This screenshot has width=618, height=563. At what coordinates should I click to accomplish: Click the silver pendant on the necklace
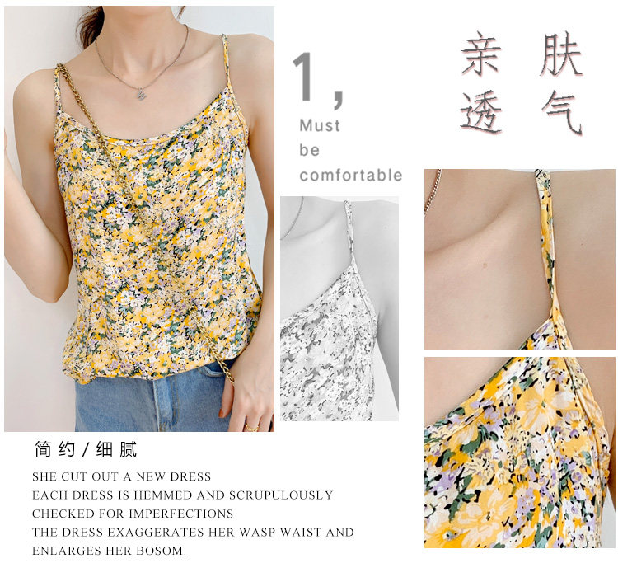pyautogui.click(x=141, y=94)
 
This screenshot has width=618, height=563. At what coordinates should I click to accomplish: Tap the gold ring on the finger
pyautogui.click(x=250, y=427)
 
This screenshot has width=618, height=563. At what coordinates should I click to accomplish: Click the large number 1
pyautogui.click(x=304, y=77)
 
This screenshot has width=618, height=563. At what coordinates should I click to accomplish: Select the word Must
pyautogui.click(x=320, y=126)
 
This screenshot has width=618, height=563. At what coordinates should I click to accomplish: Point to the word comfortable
pyautogui.click(x=351, y=175)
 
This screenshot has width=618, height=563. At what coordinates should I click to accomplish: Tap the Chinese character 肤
pyautogui.click(x=561, y=54)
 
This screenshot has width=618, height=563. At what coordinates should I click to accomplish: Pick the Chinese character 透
pyautogui.click(x=481, y=112)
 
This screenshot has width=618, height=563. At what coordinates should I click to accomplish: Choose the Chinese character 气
pyautogui.click(x=562, y=112)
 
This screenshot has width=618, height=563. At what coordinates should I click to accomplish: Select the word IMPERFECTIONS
pyautogui.click(x=181, y=514)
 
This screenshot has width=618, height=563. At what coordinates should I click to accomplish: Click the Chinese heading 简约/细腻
pyautogui.click(x=86, y=449)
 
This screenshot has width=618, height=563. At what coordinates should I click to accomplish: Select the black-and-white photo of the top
pyautogui.click(x=339, y=308)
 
